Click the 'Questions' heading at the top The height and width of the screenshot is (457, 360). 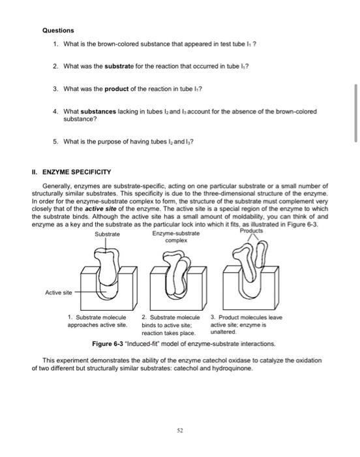[59, 30]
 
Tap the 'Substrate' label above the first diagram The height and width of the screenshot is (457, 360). [108, 234]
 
